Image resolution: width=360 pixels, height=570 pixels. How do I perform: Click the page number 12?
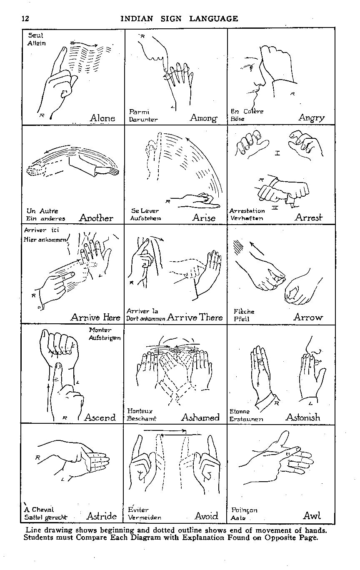point(25,19)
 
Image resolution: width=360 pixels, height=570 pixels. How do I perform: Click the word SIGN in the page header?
point(171,19)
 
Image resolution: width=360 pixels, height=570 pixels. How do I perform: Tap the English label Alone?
point(102,118)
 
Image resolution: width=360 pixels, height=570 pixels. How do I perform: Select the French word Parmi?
point(139,112)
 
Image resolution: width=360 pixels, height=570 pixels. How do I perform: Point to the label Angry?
point(312,118)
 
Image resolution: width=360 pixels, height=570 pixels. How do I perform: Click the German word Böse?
point(237,119)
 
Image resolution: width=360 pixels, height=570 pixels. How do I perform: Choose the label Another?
point(96,218)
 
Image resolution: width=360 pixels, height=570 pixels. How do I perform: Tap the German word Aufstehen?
point(145,218)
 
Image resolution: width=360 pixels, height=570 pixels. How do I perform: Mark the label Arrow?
point(308,317)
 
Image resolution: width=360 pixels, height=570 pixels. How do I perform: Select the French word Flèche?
point(244,312)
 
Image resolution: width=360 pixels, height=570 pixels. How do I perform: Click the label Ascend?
point(100,417)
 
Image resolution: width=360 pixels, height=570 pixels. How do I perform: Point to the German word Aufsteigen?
point(105,338)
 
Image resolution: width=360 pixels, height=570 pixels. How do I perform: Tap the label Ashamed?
point(200,417)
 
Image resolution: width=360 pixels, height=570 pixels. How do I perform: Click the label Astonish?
point(303,417)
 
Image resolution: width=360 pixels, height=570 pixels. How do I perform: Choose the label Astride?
point(102,516)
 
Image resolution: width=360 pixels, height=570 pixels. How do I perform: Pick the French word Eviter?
point(138,509)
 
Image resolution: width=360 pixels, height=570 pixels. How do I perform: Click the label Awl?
point(312,515)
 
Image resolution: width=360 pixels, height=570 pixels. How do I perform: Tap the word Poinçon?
point(244,510)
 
